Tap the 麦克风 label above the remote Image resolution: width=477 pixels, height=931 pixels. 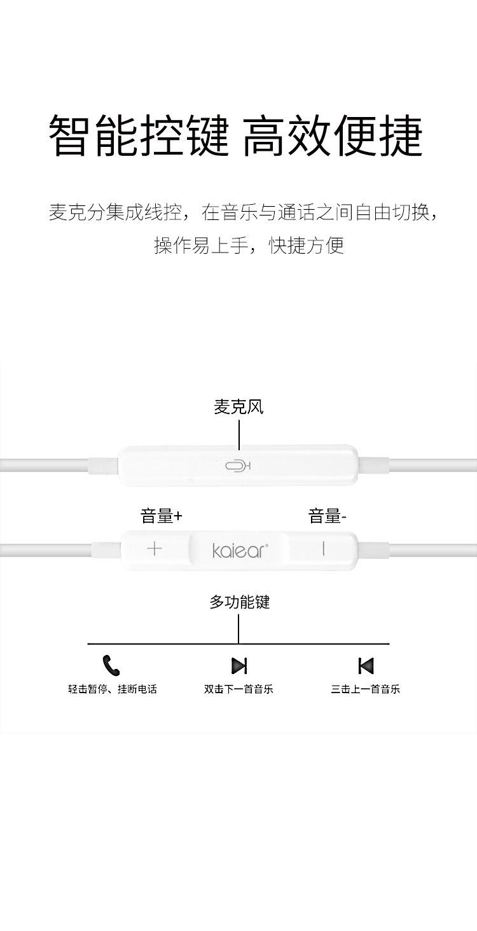(238, 407)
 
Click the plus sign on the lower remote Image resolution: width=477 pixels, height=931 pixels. (154, 549)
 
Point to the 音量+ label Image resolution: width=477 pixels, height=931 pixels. (161, 516)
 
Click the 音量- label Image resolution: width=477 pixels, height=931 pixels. (327, 516)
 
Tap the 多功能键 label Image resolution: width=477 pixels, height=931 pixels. (240, 602)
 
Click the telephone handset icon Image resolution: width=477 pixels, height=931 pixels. (111, 665)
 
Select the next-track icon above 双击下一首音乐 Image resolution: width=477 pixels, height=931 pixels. (239, 665)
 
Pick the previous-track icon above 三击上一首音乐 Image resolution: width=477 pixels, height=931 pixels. (366, 665)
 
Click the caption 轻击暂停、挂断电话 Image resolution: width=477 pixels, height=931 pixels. (112, 689)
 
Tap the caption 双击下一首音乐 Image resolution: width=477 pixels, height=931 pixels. (238, 689)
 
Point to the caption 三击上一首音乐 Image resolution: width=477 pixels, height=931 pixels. (365, 689)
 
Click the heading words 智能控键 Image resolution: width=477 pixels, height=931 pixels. (139, 136)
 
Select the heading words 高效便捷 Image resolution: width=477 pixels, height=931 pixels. (333, 136)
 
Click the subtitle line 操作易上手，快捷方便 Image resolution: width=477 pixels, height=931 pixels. (249, 245)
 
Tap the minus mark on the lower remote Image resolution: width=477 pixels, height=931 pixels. (323, 549)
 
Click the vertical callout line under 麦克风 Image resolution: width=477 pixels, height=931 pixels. (239, 435)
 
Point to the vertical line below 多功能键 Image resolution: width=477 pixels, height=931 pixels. (238, 629)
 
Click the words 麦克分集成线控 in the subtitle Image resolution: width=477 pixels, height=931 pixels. (115, 212)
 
